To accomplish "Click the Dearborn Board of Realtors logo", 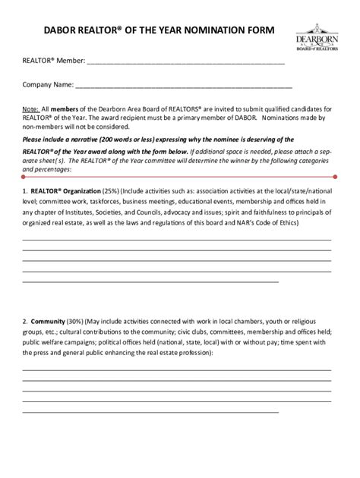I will [x=315, y=40].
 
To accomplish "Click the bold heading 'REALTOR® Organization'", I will [x=71, y=191].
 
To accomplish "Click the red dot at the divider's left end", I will [x=24, y=175].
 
